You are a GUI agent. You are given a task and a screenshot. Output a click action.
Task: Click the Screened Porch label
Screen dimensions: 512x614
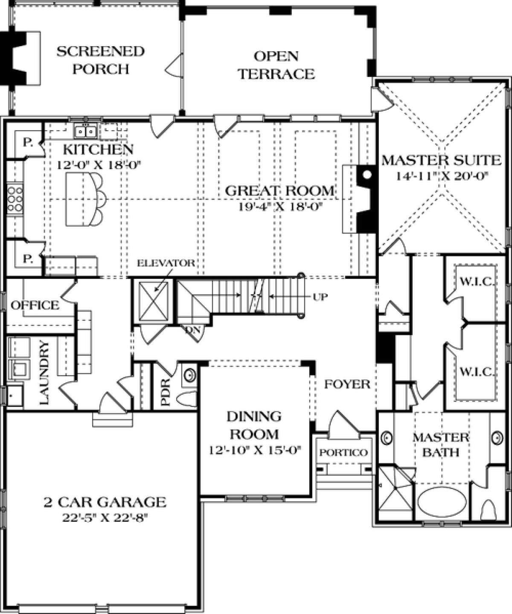point(101,60)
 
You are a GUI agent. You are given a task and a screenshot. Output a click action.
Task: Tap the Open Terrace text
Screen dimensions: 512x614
point(276,65)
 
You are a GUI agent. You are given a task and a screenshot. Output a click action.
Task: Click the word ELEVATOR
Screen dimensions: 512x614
point(166,263)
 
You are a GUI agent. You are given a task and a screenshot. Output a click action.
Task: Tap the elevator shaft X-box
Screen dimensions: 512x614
point(154,301)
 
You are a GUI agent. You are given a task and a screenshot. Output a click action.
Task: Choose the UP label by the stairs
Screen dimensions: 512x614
point(320,297)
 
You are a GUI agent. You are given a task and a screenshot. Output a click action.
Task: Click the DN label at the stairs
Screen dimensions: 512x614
point(193,330)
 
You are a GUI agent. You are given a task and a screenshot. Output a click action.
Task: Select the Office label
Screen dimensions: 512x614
point(35,305)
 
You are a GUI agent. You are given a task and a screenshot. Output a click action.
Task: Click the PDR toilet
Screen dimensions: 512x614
point(187,399)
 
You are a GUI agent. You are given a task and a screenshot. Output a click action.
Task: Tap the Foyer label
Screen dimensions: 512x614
point(347,384)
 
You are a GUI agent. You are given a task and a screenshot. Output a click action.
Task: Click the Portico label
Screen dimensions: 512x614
point(343,453)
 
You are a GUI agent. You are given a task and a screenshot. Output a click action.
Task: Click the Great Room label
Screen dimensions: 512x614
point(279,191)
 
